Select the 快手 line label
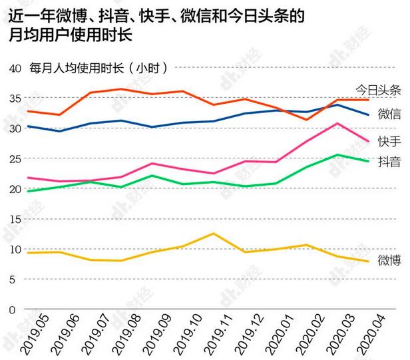pyautogui.click(x=389, y=141)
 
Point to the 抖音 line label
pyautogui.click(x=389, y=161)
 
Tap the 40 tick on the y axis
pyautogui.click(x=15, y=68)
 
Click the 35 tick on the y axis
pyautogui.click(x=15, y=98)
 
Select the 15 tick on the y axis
pyautogui.click(x=15, y=219)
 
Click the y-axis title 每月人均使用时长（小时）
pyautogui.click(x=99, y=68)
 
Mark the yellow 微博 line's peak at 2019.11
pyautogui.click(x=212, y=234)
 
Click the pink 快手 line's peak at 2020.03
pyautogui.click(x=338, y=123)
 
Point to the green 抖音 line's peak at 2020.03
pyautogui.click(x=338, y=155)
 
